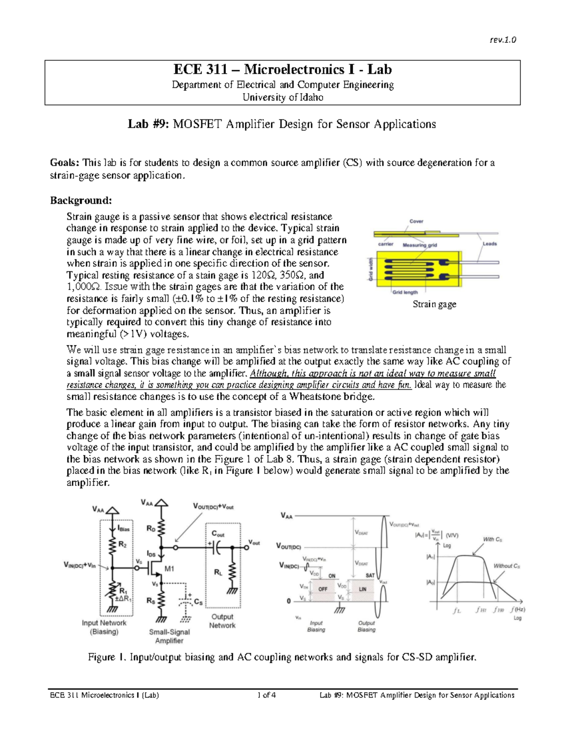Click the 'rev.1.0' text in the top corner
[x=503, y=40]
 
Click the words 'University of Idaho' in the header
[x=283, y=97]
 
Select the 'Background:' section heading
[x=81, y=201]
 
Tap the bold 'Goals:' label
[x=65, y=163]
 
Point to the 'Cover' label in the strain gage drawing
[x=416, y=221]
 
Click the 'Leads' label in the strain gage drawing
[x=490, y=244]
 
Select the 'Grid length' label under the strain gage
[x=405, y=292]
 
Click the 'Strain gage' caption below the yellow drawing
[x=434, y=304]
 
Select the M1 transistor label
[x=169, y=569]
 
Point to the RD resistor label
[x=151, y=529]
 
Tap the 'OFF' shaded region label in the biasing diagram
[x=323, y=590]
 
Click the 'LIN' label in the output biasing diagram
[x=363, y=590]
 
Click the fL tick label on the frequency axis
[x=456, y=611]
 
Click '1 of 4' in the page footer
[x=267, y=695]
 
